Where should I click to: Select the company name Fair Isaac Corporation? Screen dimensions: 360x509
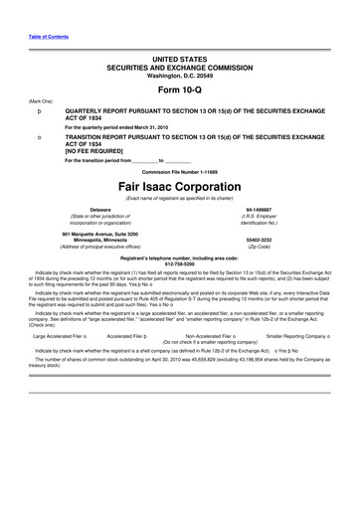click(179, 188)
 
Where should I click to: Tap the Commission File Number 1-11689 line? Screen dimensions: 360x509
click(179, 171)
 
